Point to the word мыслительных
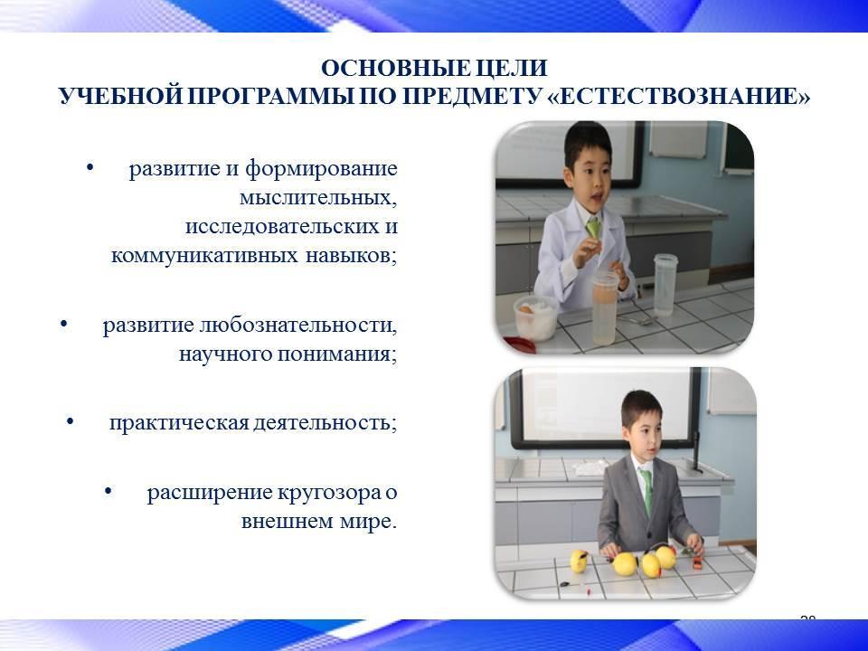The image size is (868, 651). coord(318,198)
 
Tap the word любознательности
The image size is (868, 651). coord(297,325)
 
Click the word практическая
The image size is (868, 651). coord(178,423)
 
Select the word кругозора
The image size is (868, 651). coord(328,492)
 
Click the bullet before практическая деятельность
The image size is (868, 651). coord(70,422)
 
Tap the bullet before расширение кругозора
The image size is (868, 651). coord(108,491)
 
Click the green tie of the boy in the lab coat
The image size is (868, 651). coord(594,228)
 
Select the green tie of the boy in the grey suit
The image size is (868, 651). coord(646,490)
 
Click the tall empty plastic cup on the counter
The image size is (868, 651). coord(665,285)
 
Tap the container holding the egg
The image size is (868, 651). coord(535,317)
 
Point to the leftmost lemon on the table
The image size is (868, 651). coord(579,561)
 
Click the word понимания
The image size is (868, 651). coord(337,354)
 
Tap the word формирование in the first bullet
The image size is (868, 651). coord(321,169)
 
